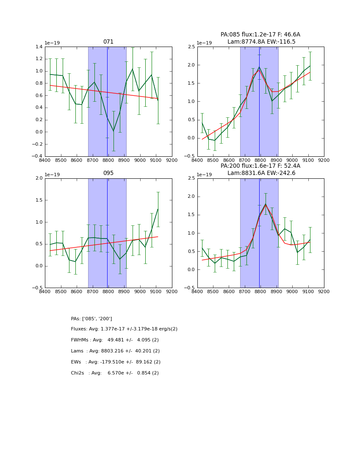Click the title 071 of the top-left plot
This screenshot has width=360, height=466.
108,42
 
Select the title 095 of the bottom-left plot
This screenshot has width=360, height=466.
108,173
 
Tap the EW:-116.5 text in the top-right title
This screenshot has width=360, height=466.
282,42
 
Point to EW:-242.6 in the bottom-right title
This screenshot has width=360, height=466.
282,173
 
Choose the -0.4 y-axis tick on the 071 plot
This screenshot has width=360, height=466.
37,156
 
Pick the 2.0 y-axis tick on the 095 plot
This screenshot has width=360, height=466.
39,178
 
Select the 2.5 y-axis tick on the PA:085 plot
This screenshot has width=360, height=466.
191,47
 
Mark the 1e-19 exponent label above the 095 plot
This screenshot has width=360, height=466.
53,175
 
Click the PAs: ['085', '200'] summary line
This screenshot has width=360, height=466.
91,319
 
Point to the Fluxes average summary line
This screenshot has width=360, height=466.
124,329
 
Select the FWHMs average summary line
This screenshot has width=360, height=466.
115,340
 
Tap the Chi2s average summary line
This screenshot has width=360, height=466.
115,373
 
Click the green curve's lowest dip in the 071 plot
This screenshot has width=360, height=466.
114,131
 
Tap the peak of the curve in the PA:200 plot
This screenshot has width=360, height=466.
266,204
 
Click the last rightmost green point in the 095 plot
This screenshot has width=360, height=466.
158,209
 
